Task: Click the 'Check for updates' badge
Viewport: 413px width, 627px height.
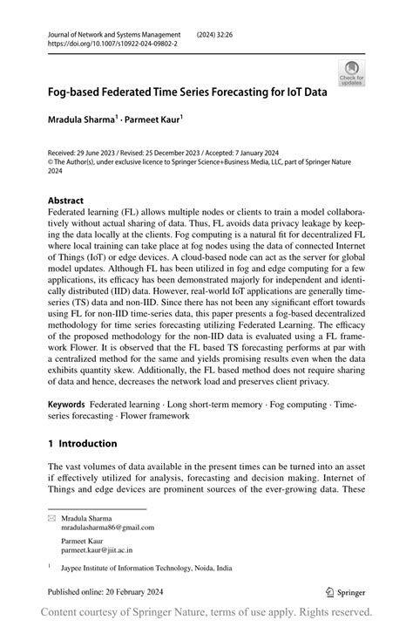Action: [353, 72]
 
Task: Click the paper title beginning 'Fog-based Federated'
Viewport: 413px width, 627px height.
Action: [187, 92]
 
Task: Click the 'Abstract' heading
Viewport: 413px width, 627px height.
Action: [65, 200]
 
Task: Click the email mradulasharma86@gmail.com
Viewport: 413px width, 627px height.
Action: [107, 528]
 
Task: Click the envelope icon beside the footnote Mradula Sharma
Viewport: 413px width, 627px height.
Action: [51, 518]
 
